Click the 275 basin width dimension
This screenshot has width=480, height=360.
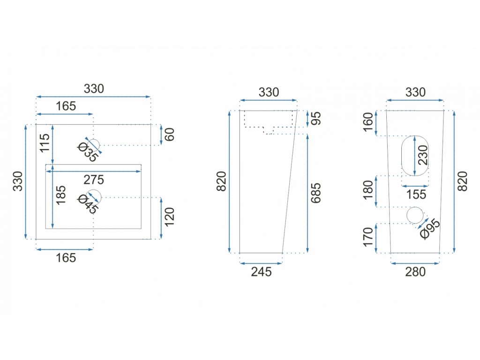click(94, 180)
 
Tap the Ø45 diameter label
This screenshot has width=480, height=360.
click(88, 203)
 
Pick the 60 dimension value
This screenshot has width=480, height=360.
click(170, 135)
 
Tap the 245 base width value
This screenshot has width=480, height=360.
click(261, 272)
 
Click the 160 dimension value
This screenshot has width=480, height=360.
click(368, 122)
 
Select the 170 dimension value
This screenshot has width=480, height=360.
click(368, 237)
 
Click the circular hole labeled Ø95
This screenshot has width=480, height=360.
click(415, 215)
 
